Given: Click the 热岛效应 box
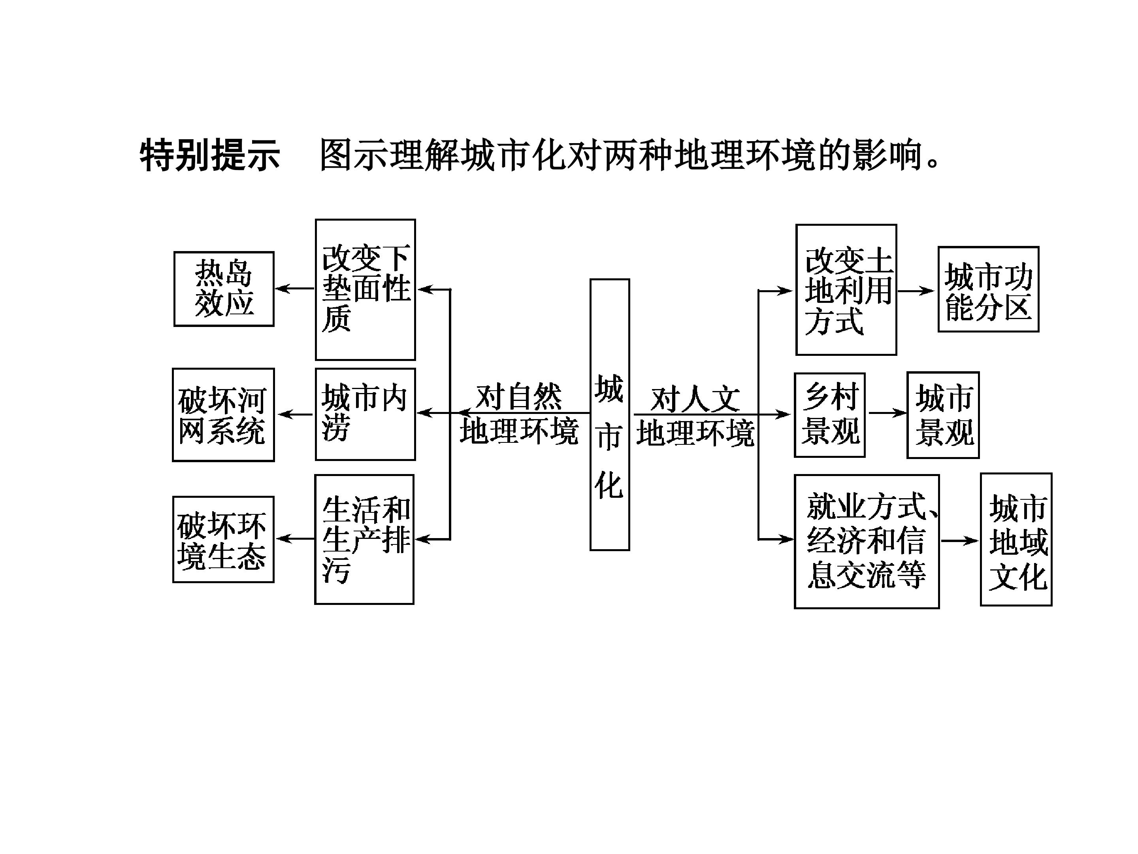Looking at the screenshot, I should [x=224, y=289].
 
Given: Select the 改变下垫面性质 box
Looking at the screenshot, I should [x=365, y=289].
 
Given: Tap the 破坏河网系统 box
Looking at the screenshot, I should [x=223, y=414].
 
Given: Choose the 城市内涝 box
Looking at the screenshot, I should [x=365, y=414].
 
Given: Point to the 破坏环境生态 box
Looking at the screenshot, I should [x=223, y=539].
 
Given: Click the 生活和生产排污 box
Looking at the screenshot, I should [x=364, y=539].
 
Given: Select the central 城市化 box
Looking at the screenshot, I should [x=610, y=414].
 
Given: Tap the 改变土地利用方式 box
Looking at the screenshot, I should [x=846, y=290].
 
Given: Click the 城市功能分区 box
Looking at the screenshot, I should [x=988, y=289].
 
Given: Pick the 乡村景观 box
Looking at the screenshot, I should [x=830, y=415].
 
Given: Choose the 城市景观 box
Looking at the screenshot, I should [x=943, y=415].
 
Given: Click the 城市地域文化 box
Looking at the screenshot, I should [x=1016, y=539].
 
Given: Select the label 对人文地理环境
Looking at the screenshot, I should [x=695, y=416].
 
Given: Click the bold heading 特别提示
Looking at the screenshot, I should [x=210, y=155].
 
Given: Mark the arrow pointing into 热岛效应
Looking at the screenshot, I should [x=294, y=288].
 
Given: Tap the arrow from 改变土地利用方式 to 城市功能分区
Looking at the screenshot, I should [x=916, y=291].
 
